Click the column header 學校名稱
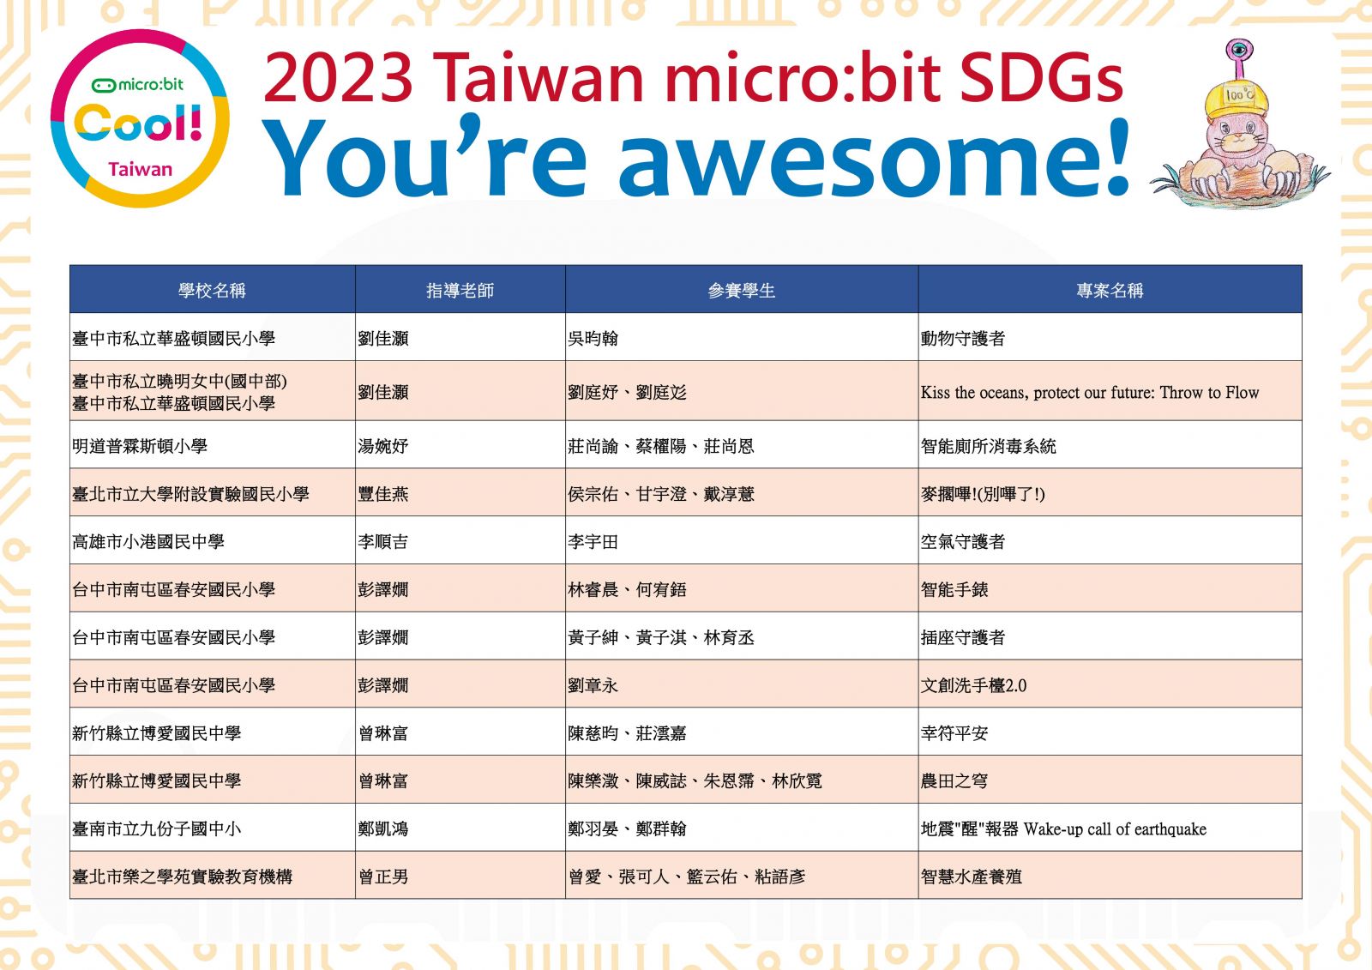click(x=212, y=290)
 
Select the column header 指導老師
click(x=460, y=290)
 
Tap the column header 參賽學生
click(x=741, y=290)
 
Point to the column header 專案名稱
click(x=1110, y=290)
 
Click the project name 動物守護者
click(x=963, y=338)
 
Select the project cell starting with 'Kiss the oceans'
click(x=1090, y=392)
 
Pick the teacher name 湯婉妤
click(x=382, y=446)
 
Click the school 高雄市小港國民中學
click(x=148, y=542)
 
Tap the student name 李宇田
click(x=593, y=542)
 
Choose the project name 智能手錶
click(x=954, y=589)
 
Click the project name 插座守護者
click(x=963, y=637)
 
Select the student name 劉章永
click(x=593, y=685)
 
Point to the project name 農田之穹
click(x=954, y=780)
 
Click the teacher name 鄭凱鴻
click(x=382, y=828)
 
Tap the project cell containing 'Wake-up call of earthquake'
click(x=1063, y=828)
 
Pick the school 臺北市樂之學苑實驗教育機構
click(x=182, y=877)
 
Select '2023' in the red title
click(x=338, y=78)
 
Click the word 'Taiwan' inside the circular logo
click(x=141, y=169)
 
